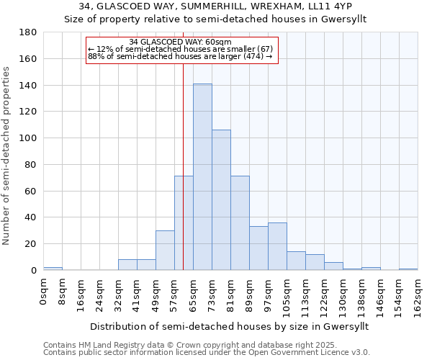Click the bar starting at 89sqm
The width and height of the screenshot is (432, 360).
[258, 248]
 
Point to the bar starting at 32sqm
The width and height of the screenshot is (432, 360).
[127, 265]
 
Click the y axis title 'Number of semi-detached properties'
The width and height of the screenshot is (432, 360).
[7, 156]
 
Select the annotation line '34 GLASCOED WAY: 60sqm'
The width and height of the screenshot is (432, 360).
[181, 42]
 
